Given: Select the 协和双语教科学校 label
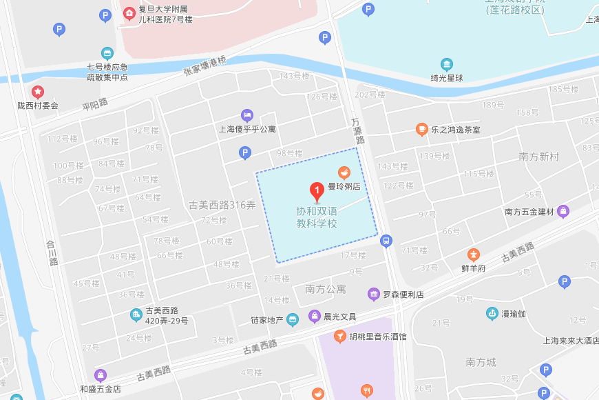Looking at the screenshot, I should coord(317,217).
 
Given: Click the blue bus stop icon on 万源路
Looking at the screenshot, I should coord(386,241).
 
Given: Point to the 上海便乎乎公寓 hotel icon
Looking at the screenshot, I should coord(246,114).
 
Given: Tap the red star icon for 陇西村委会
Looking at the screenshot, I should coord(38,92).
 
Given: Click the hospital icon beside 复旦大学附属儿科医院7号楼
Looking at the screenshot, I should coord(129,14).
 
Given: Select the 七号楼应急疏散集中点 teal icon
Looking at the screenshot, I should coord(107,53).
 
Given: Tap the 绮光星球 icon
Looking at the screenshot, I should coord(447,65).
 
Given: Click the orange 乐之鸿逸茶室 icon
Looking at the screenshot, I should coord(421,129).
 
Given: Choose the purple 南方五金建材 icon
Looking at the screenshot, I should coord(563,211).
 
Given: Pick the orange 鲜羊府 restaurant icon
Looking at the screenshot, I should coord(474,255).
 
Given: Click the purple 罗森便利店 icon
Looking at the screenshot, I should coord(374,294).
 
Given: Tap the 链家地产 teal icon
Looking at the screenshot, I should coord(293,319).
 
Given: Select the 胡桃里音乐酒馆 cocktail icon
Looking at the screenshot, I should coord(339,337).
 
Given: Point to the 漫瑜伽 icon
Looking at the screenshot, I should coord(492,314).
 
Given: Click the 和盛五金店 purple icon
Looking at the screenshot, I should coord(101,376).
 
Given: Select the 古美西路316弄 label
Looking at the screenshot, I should coord(222,205).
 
